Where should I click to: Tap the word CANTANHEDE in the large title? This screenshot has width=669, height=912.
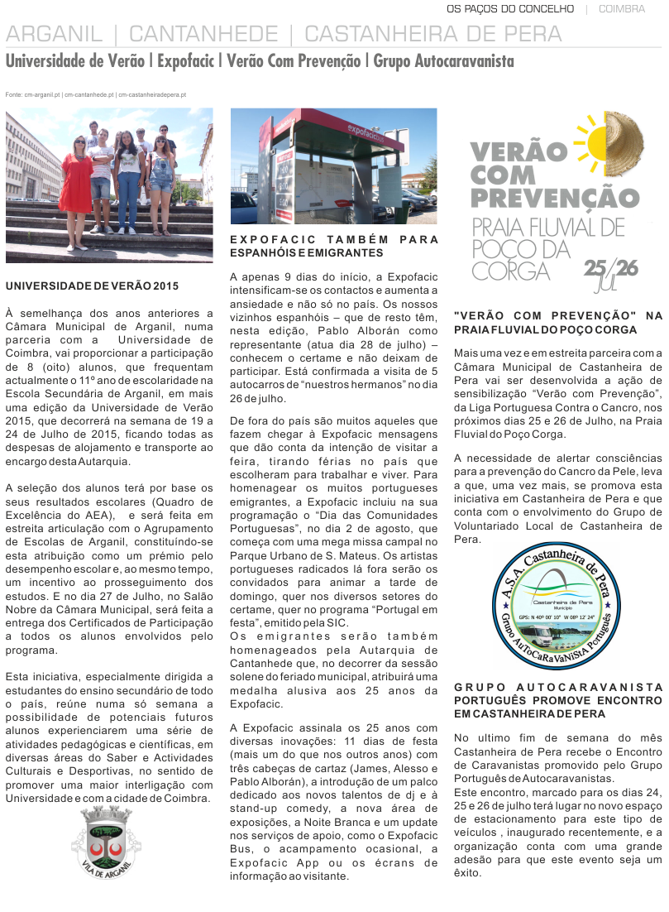tap(203, 35)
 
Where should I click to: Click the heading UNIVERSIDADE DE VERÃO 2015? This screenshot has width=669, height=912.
tap(92, 286)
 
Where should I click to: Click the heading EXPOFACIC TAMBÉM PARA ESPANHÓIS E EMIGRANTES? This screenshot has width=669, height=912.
tap(333, 245)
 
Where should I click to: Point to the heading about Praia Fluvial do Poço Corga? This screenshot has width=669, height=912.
tap(558, 323)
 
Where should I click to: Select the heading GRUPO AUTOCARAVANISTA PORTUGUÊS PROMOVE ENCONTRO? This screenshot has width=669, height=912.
tap(558, 700)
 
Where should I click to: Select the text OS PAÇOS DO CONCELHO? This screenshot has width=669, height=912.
tap(509, 9)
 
